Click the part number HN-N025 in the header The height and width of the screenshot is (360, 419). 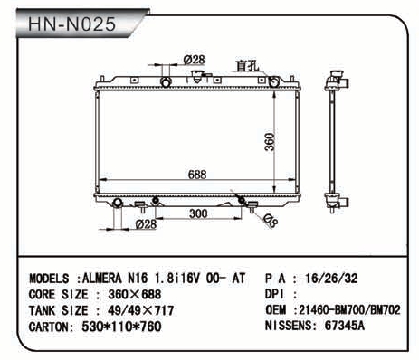(x=71, y=24)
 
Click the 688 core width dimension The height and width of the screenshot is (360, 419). (x=197, y=175)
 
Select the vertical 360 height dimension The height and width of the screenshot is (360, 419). (x=270, y=142)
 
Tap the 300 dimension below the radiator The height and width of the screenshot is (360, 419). (x=198, y=213)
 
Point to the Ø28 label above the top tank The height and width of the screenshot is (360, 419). (x=194, y=60)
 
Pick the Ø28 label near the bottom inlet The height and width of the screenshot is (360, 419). (x=146, y=224)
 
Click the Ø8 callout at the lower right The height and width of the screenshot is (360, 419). (x=270, y=221)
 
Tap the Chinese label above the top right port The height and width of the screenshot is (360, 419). (x=247, y=66)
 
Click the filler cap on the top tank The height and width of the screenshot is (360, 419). (x=196, y=77)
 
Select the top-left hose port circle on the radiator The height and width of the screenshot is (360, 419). (x=166, y=82)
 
